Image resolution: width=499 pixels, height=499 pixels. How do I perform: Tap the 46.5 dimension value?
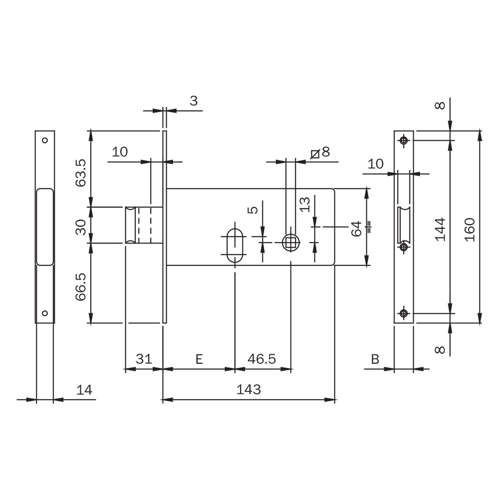point(261,359)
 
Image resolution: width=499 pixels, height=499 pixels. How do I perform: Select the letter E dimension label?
point(199,359)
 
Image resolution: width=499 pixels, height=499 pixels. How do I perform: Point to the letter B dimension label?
point(375,359)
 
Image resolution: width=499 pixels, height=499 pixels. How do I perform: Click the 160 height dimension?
point(470,230)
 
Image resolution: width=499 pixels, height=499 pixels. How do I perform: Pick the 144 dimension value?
point(440,230)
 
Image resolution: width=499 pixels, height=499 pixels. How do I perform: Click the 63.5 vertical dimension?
point(81,173)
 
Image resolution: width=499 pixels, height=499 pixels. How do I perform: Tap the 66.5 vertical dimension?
point(81,287)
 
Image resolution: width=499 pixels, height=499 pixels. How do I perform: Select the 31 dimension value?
point(144,359)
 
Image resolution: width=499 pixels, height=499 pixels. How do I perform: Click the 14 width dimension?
point(84,390)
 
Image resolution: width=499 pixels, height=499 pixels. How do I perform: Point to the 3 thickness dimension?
point(194,101)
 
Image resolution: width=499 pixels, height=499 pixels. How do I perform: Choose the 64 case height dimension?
point(356,229)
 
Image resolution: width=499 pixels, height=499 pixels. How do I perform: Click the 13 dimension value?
point(304,204)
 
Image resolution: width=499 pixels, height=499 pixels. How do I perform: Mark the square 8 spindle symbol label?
point(320,153)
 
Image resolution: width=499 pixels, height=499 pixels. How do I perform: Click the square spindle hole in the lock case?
point(291,243)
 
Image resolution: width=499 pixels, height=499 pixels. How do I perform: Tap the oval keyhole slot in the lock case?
point(235,245)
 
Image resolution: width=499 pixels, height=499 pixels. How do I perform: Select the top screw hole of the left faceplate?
point(45,140)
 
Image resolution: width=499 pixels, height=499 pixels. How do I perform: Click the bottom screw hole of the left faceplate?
point(45,313)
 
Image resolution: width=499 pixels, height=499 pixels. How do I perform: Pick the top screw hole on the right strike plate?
point(404,140)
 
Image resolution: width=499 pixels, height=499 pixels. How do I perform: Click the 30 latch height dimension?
point(81,227)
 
